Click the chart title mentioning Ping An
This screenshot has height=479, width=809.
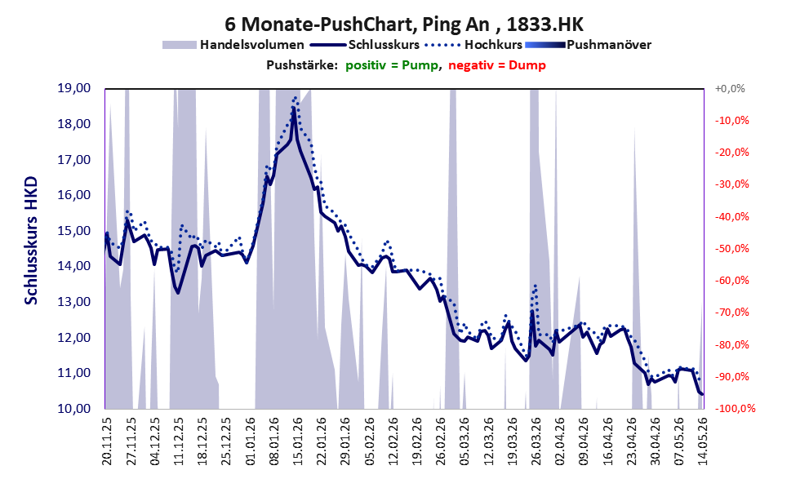(x=404, y=24)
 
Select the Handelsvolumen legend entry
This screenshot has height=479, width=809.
(x=233, y=45)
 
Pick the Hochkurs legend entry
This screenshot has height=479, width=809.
(x=473, y=45)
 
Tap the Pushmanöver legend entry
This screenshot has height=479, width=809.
(x=588, y=45)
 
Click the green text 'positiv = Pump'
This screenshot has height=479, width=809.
(x=392, y=65)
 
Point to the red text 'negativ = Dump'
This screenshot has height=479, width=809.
(x=497, y=65)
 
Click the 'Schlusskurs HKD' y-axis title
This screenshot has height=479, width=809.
(x=31, y=241)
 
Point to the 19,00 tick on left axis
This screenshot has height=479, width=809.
(x=74, y=88)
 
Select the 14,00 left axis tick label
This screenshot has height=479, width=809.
(x=74, y=266)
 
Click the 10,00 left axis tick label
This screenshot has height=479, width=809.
(x=74, y=408)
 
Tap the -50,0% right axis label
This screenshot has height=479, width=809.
(x=731, y=249)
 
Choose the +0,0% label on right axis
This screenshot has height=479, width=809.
(x=730, y=89)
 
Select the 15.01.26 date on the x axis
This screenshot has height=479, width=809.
(x=298, y=441)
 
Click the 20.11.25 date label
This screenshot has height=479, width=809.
(x=107, y=441)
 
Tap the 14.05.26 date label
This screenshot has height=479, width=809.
(x=701, y=441)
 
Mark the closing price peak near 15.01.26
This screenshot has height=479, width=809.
(x=293, y=108)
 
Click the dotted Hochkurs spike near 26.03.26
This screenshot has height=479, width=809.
(x=536, y=285)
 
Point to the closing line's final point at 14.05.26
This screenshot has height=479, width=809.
(x=702, y=394)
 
